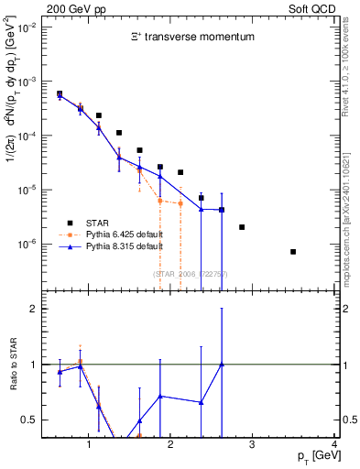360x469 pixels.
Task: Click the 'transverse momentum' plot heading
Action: click(x=190, y=38)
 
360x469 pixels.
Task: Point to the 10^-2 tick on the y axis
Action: click(x=28, y=27)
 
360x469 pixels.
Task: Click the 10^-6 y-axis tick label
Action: click(x=28, y=245)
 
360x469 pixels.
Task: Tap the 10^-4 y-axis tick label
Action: click(x=28, y=136)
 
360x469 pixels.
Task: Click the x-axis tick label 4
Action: click(x=335, y=446)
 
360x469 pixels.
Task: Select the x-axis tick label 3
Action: click(x=253, y=446)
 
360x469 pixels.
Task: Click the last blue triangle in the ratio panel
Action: click(x=222, y=365)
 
